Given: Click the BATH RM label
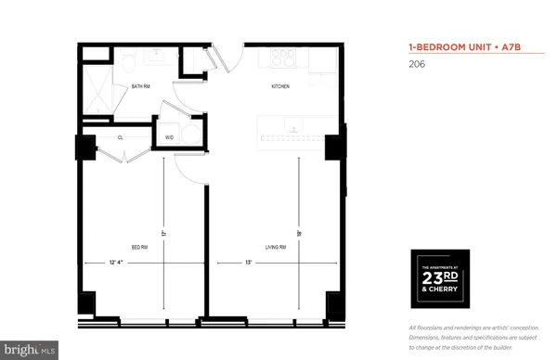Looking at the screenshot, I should click(142, 86).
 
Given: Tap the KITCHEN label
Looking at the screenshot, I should click(280, 86).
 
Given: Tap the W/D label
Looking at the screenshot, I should click(169, 137).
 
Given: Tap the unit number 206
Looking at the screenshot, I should click(416, 65).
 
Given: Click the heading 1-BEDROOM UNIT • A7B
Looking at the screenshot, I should click(455, 45).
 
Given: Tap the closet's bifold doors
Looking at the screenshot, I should click(119, 151).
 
